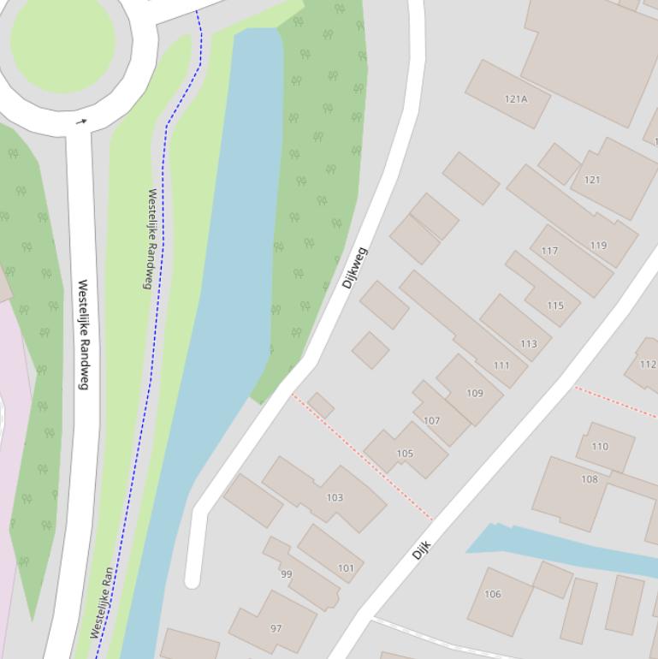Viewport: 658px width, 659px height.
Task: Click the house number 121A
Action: (516, 98)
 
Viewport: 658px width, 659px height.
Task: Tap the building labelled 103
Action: (335, 497)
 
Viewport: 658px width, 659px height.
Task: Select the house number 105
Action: (405, 454)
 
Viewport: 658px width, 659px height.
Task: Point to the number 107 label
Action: (431, 421)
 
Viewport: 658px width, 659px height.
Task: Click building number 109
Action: (475, 394)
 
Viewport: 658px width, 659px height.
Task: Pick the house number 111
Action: (501, 365)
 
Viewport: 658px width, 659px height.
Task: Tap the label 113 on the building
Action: (529, 344)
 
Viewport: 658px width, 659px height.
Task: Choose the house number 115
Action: (555, 306)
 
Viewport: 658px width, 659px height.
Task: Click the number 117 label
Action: (549, 251)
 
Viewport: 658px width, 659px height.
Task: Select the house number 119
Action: (598, 246)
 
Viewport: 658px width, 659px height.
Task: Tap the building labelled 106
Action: (493, 594)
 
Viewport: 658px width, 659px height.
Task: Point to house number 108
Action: (590, 479)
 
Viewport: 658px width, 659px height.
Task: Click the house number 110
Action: (600, 446)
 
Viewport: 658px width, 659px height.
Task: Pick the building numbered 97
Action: (276, 628)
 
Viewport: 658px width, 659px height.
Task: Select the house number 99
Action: (286, 574)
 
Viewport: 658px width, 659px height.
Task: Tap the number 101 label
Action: (346, 567)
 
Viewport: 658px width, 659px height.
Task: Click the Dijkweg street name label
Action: (354, 268)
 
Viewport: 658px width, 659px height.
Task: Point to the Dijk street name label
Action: (420, 549)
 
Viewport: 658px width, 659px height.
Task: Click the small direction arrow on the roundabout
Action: (81, 122)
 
